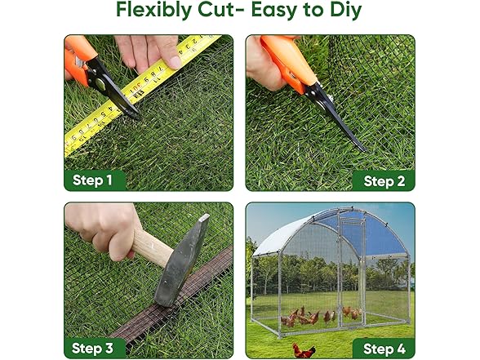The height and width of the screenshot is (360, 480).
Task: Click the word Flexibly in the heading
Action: point(154,10)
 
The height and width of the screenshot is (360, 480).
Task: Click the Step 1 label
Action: point(92,180)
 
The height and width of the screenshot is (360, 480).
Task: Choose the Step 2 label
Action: point(384,181)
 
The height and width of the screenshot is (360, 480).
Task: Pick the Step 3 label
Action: point(92,348)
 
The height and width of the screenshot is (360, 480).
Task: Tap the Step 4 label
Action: point(384,349)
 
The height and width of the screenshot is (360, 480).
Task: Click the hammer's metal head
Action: point(181,260)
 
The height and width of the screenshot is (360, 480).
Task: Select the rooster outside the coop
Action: point(304,350)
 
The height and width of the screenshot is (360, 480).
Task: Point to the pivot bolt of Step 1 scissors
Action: point(100,82)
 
